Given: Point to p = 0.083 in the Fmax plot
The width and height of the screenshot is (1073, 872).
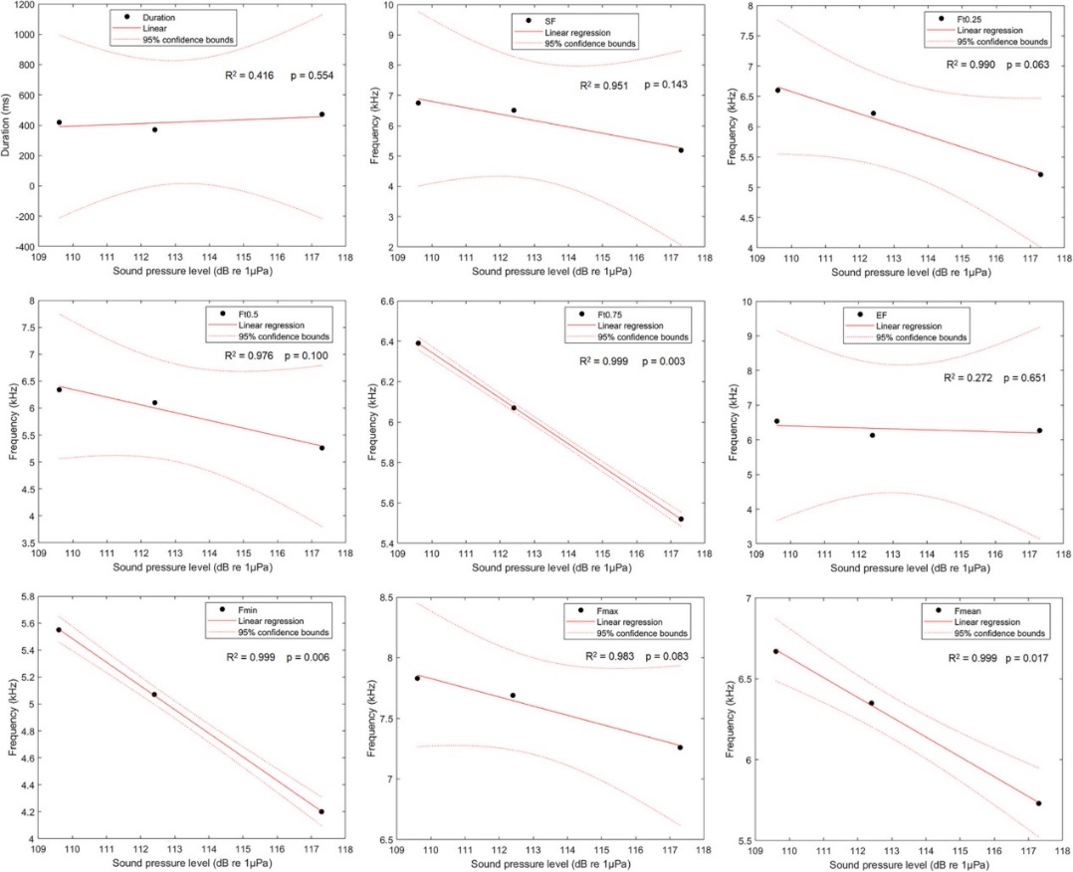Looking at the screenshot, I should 667,657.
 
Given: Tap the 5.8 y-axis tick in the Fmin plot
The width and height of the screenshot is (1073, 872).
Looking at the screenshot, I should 23,597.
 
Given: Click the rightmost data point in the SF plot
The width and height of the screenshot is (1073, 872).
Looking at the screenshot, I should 681,150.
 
